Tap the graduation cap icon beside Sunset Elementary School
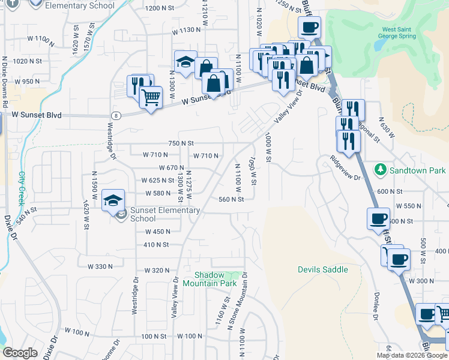pos(112,200)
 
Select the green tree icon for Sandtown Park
pos(379,170)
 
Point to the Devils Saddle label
pos(322,269)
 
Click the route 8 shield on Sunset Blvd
pos(116,115)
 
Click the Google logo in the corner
pos(19,352)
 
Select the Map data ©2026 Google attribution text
pos(412,355)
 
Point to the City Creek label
pos(22,186)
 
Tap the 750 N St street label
pos(181,143)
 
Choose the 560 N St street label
pos(231,200)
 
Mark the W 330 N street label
pos(100,266)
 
